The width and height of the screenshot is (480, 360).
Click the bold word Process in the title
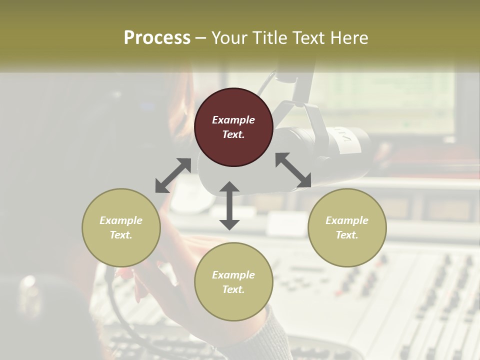point(157,38)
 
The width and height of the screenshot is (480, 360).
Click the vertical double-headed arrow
point(229,205)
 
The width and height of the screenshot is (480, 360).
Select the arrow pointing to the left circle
point(173,175)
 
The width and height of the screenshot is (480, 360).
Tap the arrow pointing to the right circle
point(293,170)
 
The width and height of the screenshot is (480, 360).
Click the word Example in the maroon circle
point(233,120)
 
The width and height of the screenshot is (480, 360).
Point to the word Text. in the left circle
point(121,235)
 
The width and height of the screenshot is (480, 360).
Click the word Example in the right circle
point(347,220)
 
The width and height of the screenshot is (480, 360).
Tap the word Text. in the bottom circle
point(233,289)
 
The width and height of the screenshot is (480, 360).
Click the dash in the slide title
point(200,38)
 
